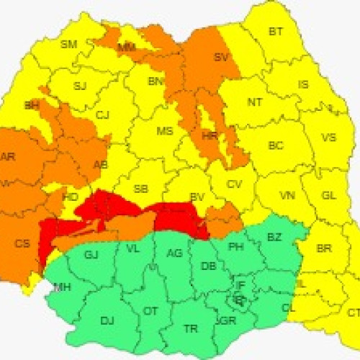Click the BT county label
[276, 32]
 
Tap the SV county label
[222, 58]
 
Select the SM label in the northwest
[68, 45]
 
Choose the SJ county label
[80, 86]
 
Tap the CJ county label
[103, 114]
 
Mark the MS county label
[165, 132]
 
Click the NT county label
[255, 102]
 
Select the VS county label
[328, 138]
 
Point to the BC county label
[276, 145]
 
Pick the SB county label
[141, 189]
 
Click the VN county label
[287, 196]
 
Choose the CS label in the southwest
[22, 243]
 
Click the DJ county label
[107, 320]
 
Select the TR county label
[191, 328]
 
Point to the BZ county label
[274, 237]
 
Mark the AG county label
[174, 253]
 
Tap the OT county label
[150, 311]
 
